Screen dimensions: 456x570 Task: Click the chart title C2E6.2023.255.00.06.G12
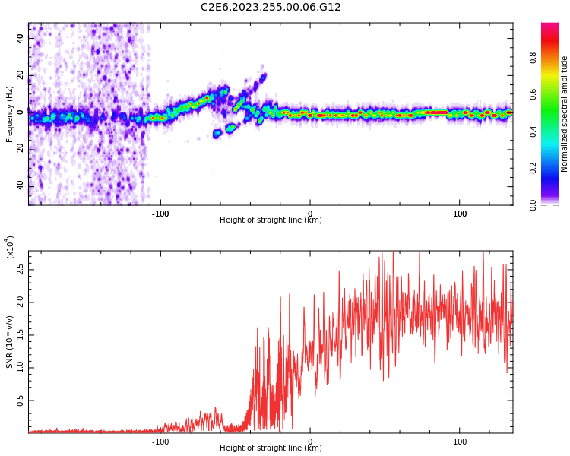coord(271,8)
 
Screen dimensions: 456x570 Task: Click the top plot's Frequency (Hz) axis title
coord(10,113)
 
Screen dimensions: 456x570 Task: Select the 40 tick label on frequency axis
coord(20,38)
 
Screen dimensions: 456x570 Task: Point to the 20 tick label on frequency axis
coord(20,75)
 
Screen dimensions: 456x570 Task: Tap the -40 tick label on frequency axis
coord(18,186)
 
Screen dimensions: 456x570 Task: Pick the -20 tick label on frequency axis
coord(18,149)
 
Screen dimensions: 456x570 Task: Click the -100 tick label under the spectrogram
coord(160,214)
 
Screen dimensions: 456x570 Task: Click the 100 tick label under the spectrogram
coord(460,214)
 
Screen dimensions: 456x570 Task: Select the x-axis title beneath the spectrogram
coord(271,220)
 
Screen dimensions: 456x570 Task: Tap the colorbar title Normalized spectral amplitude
coord(565,114)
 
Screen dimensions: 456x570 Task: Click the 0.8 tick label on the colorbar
coord(554,55)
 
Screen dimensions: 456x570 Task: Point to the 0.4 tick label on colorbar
coord(554,131)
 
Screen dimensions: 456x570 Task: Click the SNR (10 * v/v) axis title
coord(10,341)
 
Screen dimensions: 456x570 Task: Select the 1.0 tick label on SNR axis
coord(20,367)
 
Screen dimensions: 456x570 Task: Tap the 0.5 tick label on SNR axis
coord(20,400)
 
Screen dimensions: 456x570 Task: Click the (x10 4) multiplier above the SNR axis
coord(10,248)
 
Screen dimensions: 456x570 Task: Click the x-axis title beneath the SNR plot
coord(271,448)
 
